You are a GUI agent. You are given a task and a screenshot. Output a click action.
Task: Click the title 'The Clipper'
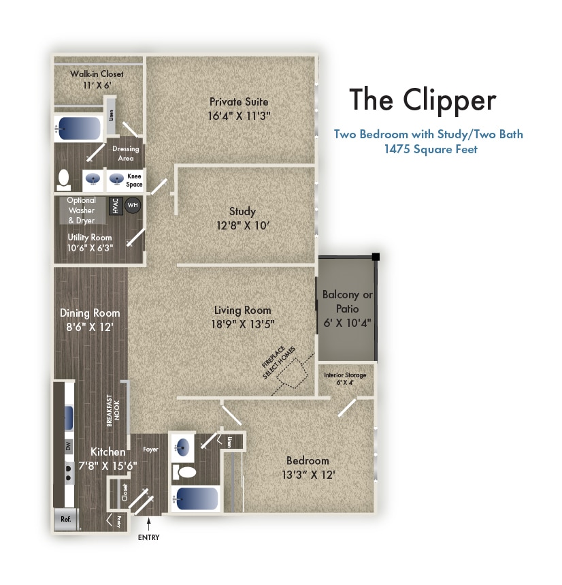tap(423, 100)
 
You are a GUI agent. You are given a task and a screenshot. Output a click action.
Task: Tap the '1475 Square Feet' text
tap(431, 149)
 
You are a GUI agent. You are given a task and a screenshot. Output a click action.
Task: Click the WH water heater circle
tap(133, 205)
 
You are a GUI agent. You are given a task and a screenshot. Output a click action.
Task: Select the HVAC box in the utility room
tap(116, 206)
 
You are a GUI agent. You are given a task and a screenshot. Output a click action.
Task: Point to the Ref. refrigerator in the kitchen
tap(66, 519)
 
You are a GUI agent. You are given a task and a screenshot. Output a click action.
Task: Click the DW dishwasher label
tap(69, 446)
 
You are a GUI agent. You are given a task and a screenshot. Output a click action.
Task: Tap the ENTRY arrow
tap(149, 524)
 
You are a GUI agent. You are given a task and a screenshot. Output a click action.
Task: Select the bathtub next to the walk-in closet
tap(79, 129)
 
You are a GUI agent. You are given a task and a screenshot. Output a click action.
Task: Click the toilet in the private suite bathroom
tap(64, 180)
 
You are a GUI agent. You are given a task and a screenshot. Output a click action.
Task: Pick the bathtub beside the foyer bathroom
tap(197, 499)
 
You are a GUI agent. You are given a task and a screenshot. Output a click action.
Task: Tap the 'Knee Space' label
tap(134, 180)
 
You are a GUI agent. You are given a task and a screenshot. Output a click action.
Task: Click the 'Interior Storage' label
tap(345, 375)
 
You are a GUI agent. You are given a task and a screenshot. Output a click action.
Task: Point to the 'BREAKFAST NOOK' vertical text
tap(114, 410)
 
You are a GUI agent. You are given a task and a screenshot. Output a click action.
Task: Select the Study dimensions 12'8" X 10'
tap(243, 225)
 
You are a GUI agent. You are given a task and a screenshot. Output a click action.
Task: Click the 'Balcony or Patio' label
tap(347, 302)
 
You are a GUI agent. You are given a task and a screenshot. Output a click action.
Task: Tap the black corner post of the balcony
tap(376, 257)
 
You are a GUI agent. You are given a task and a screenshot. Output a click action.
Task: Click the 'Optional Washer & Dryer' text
tap(82, 210)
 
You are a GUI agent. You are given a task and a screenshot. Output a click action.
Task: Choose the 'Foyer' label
tap(150, 449)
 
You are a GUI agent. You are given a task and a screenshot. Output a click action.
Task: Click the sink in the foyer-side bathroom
tap(182, 447)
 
